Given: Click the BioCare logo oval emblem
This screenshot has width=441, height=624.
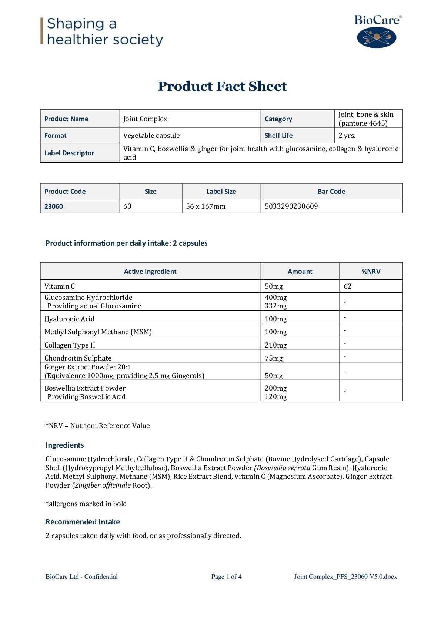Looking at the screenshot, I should click(376, 37).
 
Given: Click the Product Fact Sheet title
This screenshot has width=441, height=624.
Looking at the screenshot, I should click(222, 86).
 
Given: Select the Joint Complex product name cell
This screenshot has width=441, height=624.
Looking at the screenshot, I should click(145, 119).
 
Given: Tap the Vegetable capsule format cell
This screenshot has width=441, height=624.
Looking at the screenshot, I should click(151, 136).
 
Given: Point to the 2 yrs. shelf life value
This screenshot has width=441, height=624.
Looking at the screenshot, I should click(347, 136).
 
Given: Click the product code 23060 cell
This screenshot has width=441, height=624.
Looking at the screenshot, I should click(54, 206).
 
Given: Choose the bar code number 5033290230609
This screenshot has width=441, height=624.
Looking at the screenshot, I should click(291, 206).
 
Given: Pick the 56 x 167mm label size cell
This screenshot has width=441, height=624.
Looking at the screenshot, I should click(206, 206).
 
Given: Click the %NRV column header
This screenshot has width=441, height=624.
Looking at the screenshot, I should click(371, 272).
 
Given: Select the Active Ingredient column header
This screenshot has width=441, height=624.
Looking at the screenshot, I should click(150, 272).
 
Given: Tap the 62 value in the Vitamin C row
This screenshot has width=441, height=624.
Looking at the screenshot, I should click(347, 286).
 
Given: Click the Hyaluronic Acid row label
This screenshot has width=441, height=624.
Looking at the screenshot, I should click(70, 319).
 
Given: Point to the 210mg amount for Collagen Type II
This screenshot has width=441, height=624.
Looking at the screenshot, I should click(275, 345).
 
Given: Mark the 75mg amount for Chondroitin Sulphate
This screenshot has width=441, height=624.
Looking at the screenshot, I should click(274, 358).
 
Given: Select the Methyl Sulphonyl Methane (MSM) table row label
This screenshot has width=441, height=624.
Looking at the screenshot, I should click(98, 332).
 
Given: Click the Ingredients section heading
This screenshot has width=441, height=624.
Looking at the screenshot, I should click(64, 445).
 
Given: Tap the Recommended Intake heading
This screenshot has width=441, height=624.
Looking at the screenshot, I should click(83, 522).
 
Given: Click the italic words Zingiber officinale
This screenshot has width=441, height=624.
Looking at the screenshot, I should click(103, 485).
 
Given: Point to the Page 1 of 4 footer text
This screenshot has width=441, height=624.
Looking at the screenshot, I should click(226, 577).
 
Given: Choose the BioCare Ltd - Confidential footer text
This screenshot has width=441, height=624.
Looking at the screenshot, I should click(81, 577).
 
